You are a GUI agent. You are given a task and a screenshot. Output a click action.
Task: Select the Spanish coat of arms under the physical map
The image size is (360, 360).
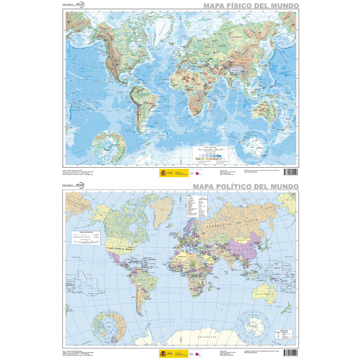pos(163,173)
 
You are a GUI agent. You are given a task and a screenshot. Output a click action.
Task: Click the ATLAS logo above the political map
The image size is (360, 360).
pos(80,185)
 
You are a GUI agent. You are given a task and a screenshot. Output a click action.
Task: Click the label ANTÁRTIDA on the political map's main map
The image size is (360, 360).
pos(207,337)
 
